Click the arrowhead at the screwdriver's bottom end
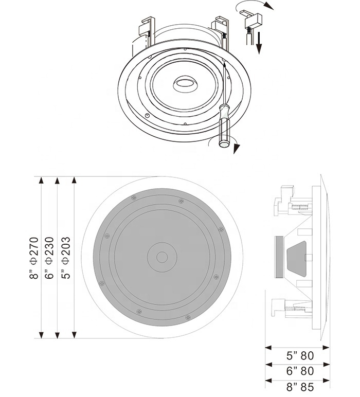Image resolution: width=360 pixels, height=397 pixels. tap(236, 150)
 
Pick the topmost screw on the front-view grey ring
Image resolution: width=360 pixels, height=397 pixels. tap(133, 197)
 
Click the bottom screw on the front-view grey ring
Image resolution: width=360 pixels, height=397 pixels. tap(138, 311)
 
